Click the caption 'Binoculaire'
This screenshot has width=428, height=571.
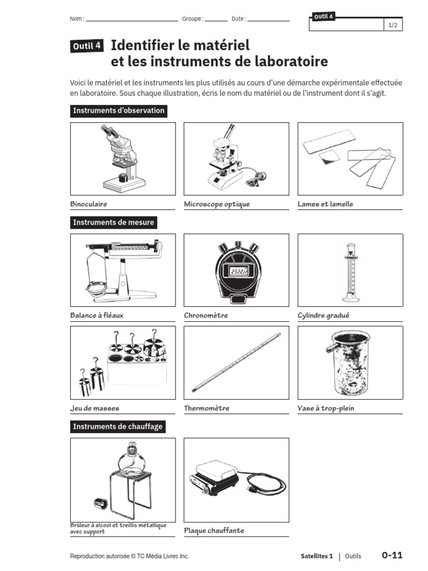pyautogui.click(x=89, y=204)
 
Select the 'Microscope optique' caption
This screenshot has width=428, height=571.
pyautogui.click(x=217, y=204)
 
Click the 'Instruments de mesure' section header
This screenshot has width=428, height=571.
pyautogui.click(x=114, y=222)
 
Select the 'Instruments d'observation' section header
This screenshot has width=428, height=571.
pyautogui.click(x=119, y=110)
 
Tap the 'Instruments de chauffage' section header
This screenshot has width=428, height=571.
pyautogui.click(x=118, y=427)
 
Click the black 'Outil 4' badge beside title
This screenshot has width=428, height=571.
pyautogui.click(x=86, y=47)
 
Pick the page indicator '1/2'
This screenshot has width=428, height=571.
pyautogui.click(x=392, y=26)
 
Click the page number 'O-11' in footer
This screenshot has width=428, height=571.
pyautogui.click(x=392, y=555)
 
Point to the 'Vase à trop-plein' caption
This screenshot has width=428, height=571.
pyautogui.click(x=326, y=408)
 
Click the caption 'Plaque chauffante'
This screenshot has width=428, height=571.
pyautogui.click(x=214, y=530)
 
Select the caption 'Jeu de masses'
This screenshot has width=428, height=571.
pyautogui.click(x=95, y=408)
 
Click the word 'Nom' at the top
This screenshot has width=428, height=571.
pyautogui.click(x=76, y=19)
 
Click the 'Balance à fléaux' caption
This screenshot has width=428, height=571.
pyautogui.click(x=97, y=316)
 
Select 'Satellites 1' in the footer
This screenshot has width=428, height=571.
pyautogui.click(x=316, y=556)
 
